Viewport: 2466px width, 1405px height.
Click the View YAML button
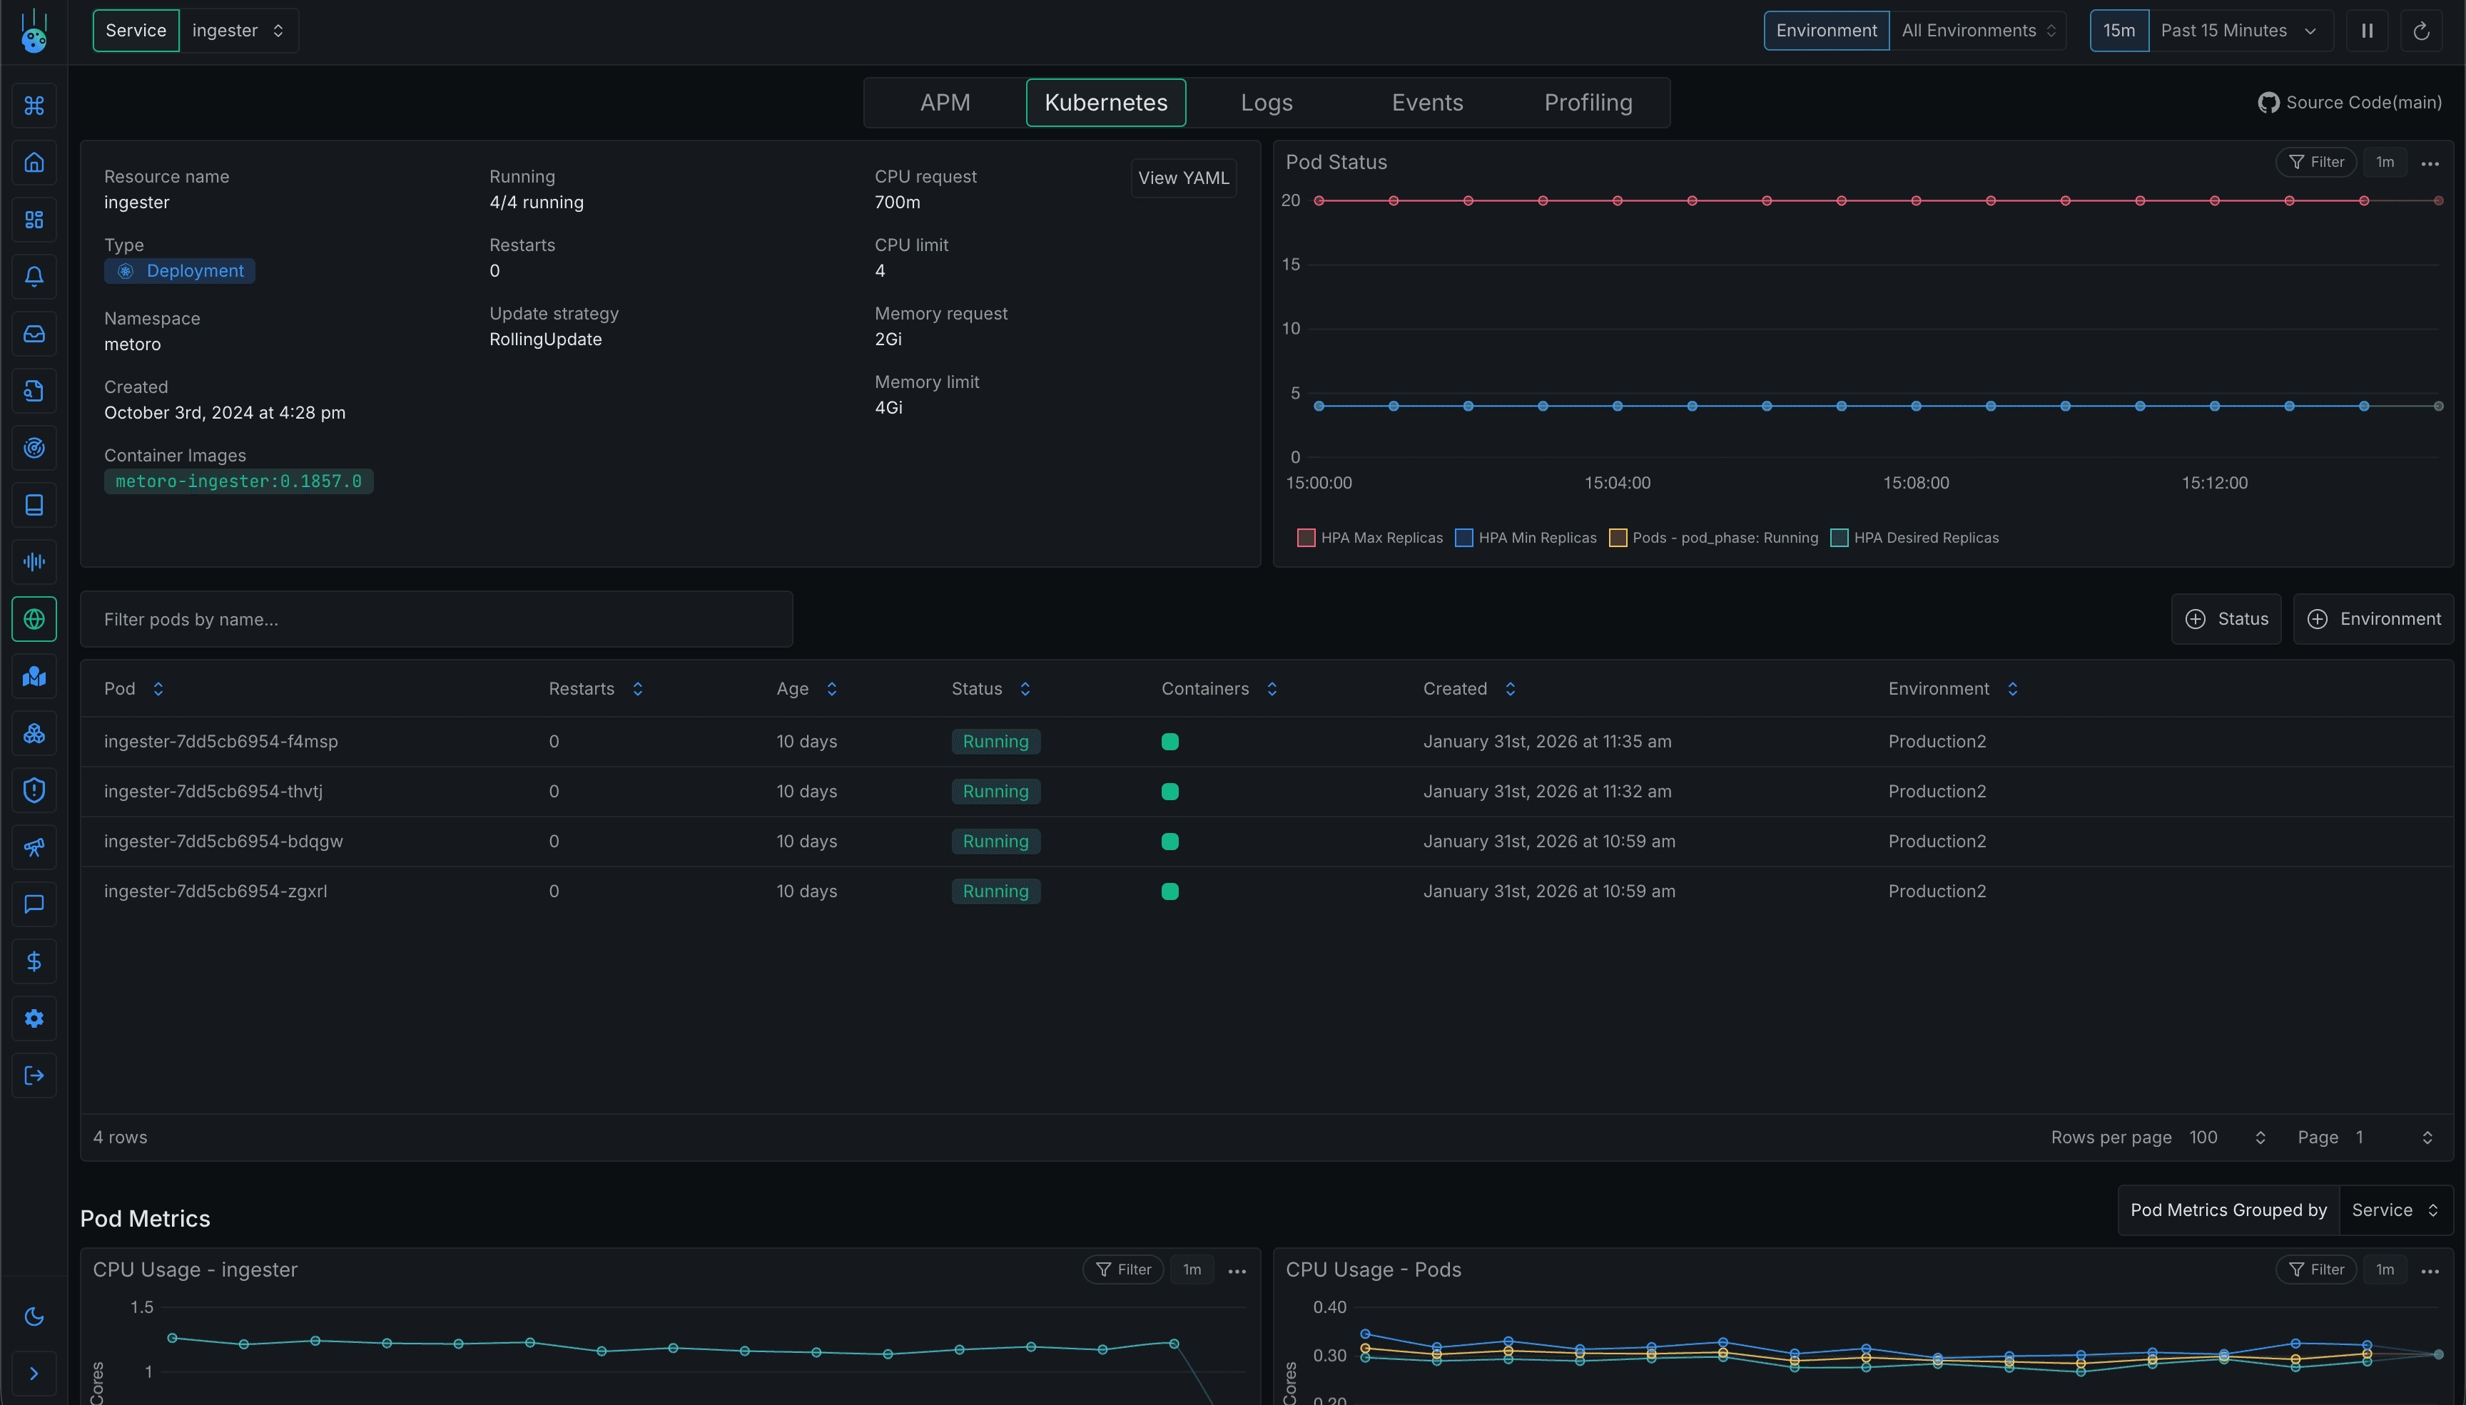[1182, 178]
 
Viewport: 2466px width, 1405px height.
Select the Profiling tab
[1587, 102]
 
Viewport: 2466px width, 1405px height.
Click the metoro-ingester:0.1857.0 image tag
[238, 481]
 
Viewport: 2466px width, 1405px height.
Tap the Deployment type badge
[181, 271]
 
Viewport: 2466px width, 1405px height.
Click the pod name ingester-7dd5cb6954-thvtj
[213, 791]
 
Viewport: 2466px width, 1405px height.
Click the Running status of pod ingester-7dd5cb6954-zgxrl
[995, 891]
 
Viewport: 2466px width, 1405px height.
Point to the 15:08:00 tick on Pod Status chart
[1915, 483]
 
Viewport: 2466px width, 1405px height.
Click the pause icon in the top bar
[2367, 31]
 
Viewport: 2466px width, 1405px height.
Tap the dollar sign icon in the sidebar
[34, 961]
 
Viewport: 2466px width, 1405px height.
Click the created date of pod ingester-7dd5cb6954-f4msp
[1546, 741]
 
